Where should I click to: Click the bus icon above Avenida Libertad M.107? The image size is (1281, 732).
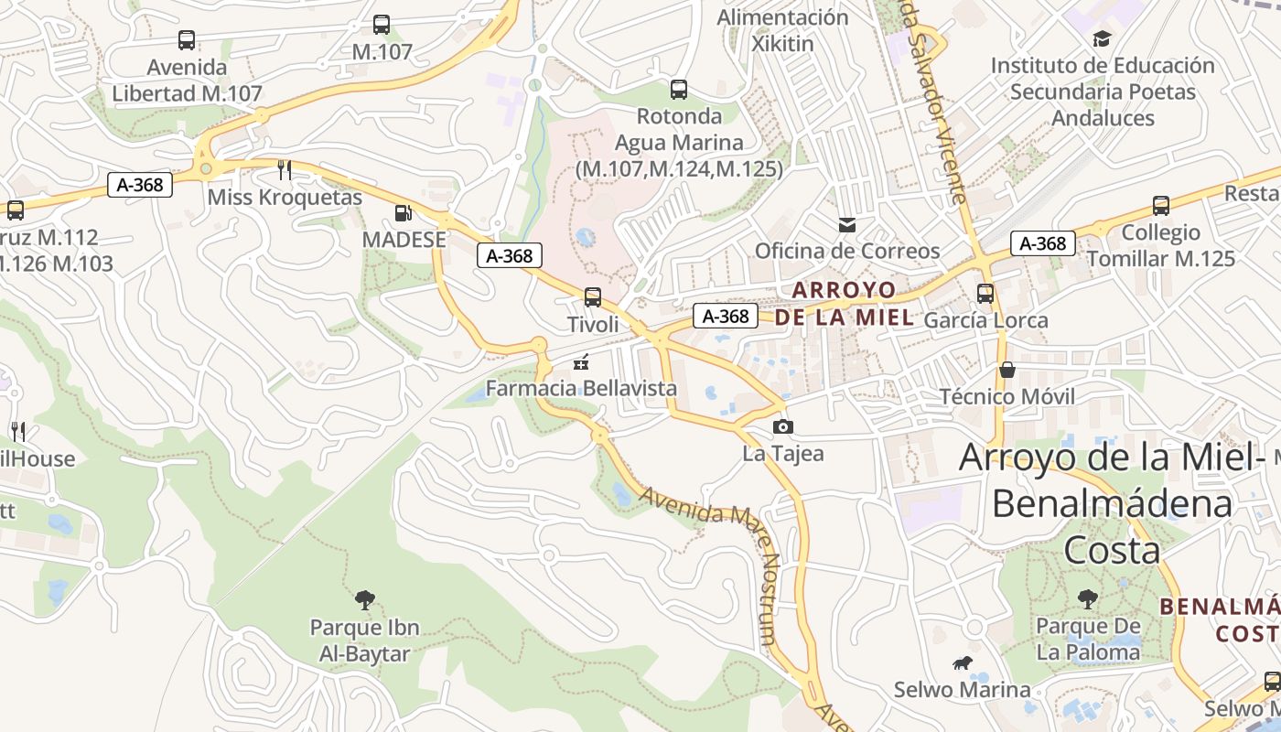coord(187,40)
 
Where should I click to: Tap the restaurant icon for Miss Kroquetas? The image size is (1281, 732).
coord(285,170)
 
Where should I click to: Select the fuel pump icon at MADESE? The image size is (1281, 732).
coord(402,213)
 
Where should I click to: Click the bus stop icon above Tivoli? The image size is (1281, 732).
coord(593,297)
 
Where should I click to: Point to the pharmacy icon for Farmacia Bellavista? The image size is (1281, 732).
coord(580,362)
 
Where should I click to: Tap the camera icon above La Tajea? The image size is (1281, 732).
coord(782,426)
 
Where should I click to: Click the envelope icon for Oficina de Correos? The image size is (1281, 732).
coord(847,224)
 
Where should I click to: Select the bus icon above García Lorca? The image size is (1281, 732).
coord(985,294)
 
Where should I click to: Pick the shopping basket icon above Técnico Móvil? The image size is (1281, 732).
coord(1007,370)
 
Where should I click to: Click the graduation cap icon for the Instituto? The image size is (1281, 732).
coord(1102,38)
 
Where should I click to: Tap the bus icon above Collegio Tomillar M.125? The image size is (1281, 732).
coord(1161,206)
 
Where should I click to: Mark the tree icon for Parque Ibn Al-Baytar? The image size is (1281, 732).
coord(364,600)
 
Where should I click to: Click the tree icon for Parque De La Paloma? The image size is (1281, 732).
coord(1087,599)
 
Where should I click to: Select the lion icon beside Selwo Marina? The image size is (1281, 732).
coord(962,663)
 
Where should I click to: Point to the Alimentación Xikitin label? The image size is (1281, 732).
coord(782,30)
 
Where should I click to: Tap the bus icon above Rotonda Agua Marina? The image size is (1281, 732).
coord(678,90)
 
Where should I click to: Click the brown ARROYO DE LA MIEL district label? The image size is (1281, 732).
coord(844,304)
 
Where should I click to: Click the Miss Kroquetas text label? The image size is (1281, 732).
coord(285,198)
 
